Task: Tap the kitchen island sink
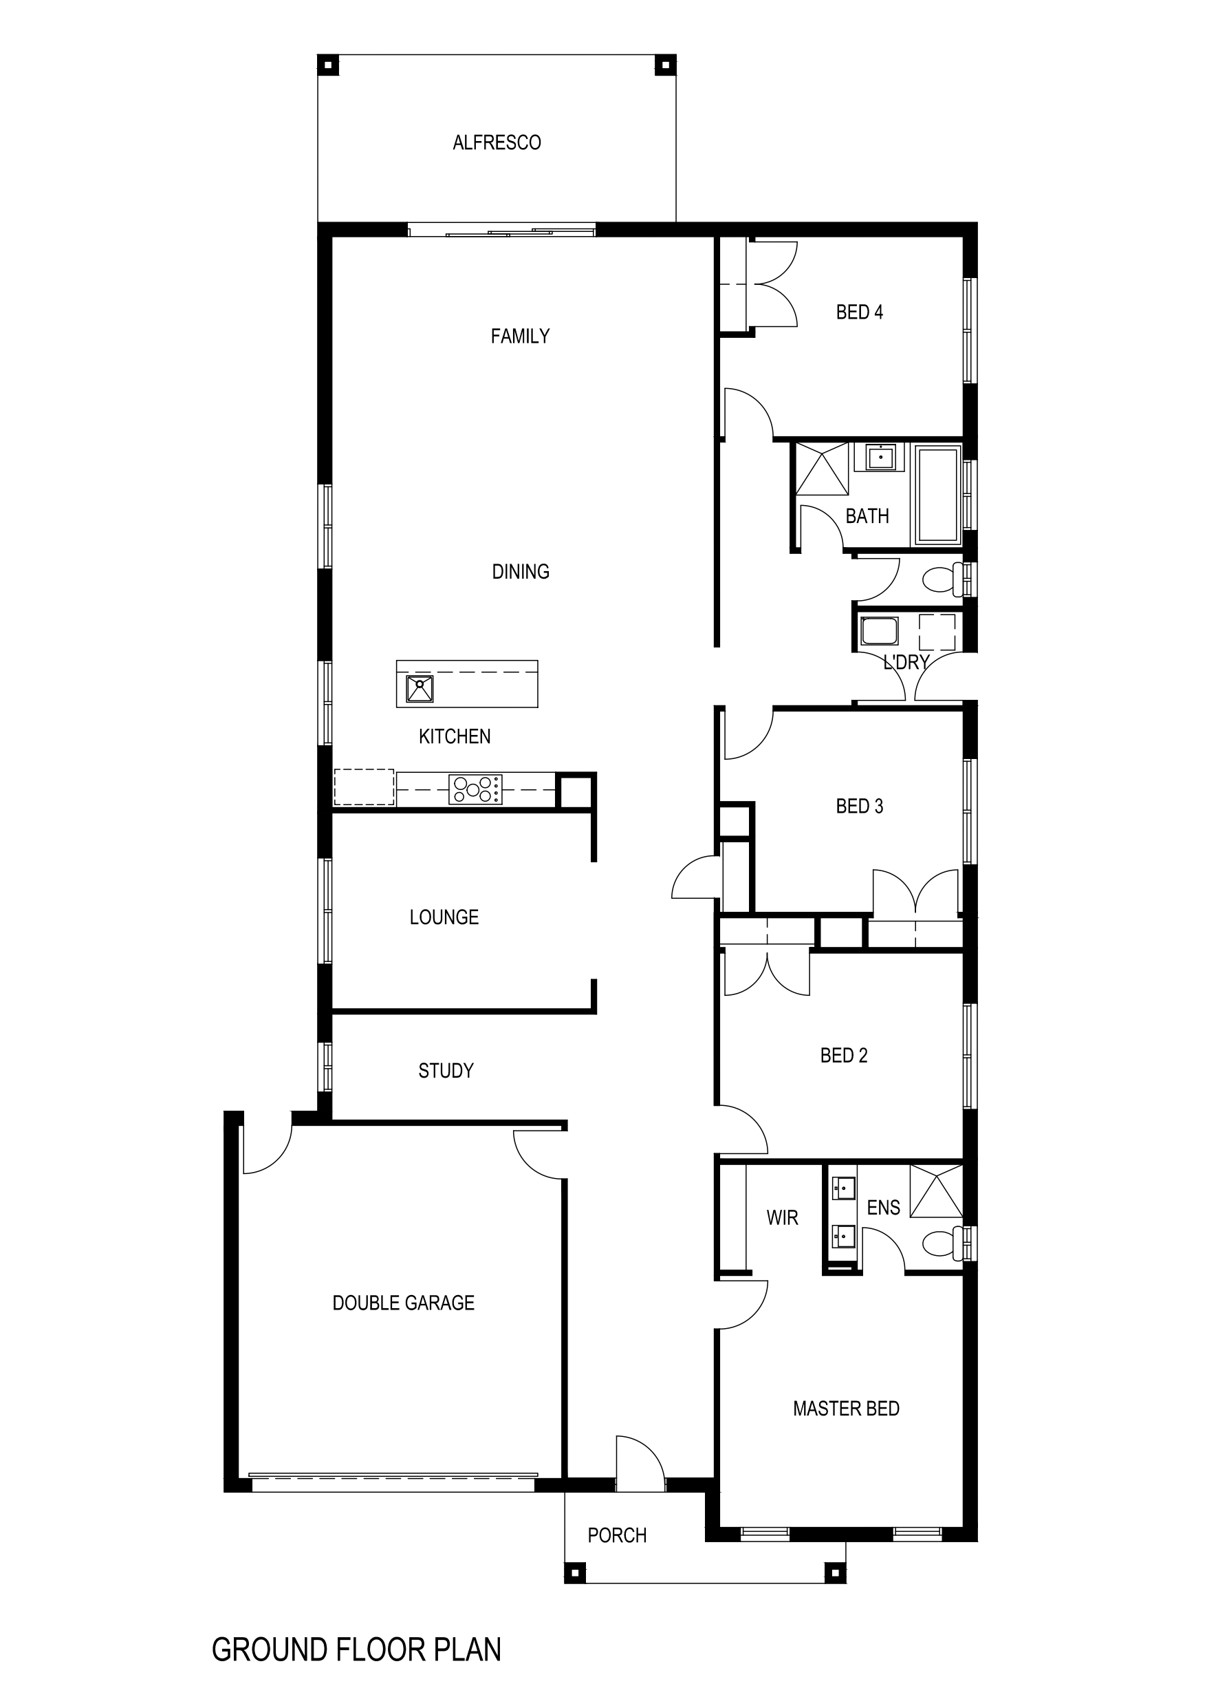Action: [x=420, y=689]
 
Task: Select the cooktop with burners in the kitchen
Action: [x=475, y=789]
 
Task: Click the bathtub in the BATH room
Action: [x=938, y=494]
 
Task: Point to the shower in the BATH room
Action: [x=822, y=469]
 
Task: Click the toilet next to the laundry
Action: [x=945, y=579]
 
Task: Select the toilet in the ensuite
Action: [x=942, y=1241]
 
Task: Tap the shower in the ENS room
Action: [x=936, y=1191]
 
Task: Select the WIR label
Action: [x=783, y=1218]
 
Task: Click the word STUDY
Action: [x=446, y=1071]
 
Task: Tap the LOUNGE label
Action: [x=444, y=917]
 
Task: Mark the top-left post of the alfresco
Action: [x=328, y=65]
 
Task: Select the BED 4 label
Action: [x=859, y=312]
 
